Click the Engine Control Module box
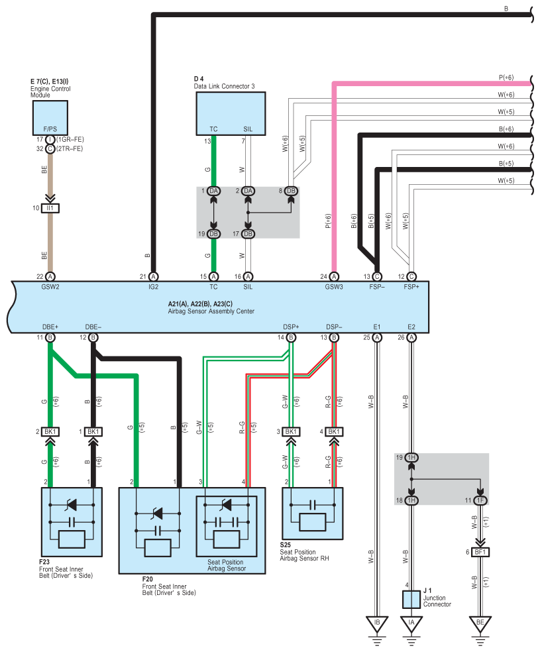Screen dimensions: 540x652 [50, 118]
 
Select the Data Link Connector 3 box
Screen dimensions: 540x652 [231, 113]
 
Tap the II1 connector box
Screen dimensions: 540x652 [50, 208]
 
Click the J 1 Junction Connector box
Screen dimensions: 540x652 [411, 600]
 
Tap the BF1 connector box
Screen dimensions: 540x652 [480, 552]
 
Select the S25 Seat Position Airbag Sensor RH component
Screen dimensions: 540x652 [313, 514]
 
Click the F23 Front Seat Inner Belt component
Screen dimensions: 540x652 [72, 522]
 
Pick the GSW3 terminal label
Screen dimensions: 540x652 [334, 287]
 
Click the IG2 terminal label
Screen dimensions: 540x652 [154, 287]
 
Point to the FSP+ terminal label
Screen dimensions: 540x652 [411, 287]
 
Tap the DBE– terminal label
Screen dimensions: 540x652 [93, 327]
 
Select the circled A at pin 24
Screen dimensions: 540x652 [334, 276]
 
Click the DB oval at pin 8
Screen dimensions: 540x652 [291, 191]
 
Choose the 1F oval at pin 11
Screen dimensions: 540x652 [480, 500]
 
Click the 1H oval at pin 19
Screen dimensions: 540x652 [411, 457]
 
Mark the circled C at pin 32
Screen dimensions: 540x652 [50, 148]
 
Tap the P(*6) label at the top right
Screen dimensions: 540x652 [506, 78]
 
